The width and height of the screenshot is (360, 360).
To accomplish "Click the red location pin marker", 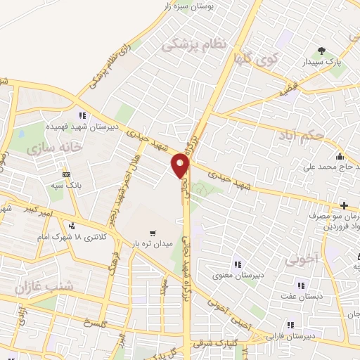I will [x=181, y=165].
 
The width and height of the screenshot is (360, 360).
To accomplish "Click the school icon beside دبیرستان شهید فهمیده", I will [x=83, y=115].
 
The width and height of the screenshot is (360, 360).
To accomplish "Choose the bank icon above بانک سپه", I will [x=67, y=174].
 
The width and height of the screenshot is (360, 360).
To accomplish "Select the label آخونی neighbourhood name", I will [x=302, y=259].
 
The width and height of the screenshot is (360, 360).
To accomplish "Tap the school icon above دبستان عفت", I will [x=302, y=286].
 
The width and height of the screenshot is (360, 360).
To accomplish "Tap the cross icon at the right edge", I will [x=343, y=205].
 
